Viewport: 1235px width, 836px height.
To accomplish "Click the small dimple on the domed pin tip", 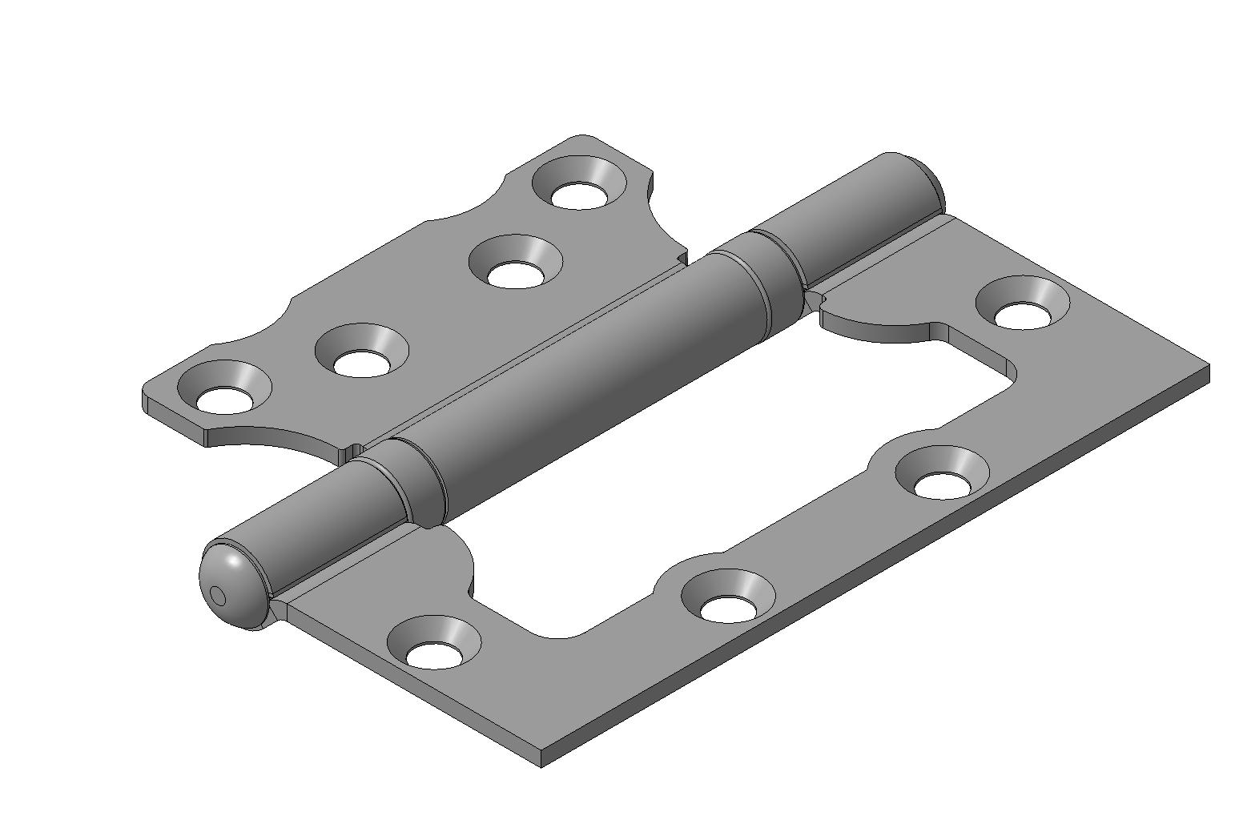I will (x=217, y=595).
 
